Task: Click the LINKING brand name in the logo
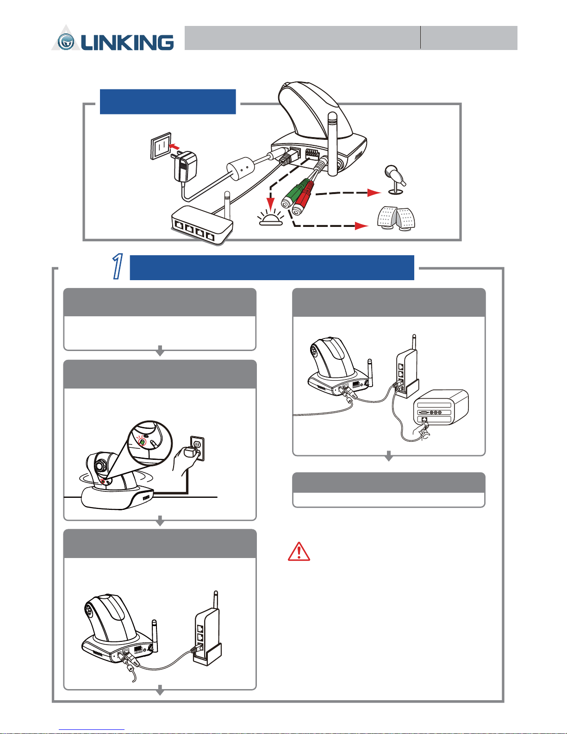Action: pyautogui.click(x=127, y=43)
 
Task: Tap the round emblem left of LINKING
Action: pyautogui.click(x=66, y=42)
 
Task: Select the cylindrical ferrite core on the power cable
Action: pyautogui.click(x=240, y=169)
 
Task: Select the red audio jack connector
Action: pyautogui.click(x=302, y=199)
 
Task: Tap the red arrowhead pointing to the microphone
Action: pyautogui.click(x=374, y=193)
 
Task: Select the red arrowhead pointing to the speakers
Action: pyautogui.click(x=361, y=226)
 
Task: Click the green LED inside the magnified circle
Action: pyautogui.click(x=143, y=442)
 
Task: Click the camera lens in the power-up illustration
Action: pyautogui.click(x=100, y=466)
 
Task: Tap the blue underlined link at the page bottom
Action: pyautogui.click(x=92, y=730)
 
